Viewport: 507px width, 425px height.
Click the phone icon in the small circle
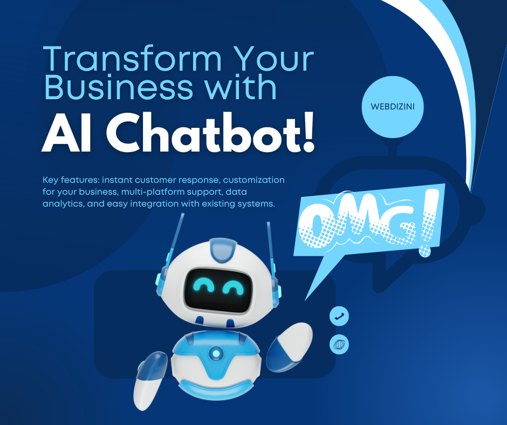339,317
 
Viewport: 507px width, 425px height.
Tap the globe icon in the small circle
339,344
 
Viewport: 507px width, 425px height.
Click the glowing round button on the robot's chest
216,354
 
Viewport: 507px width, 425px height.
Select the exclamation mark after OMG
427,227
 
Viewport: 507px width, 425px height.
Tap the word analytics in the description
64,203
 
